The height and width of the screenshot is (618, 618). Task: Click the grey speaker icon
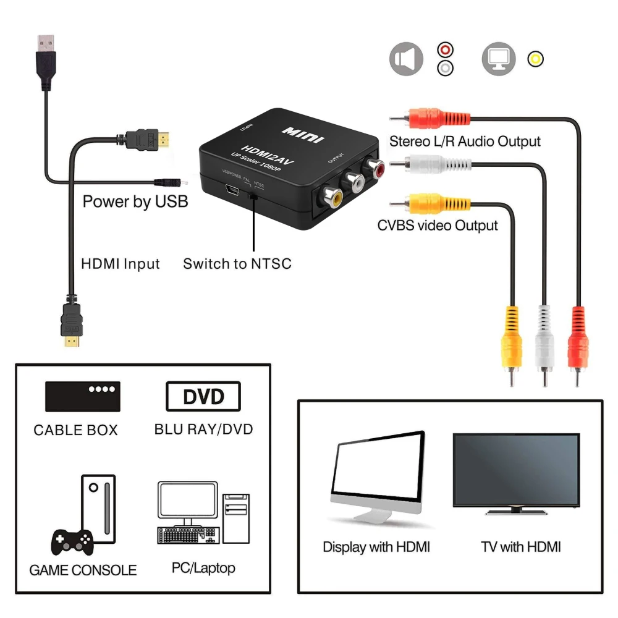406,59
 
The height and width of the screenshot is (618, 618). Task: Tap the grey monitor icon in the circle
498,59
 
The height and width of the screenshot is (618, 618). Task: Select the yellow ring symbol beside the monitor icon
535,59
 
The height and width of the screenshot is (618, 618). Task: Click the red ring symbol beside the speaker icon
445,49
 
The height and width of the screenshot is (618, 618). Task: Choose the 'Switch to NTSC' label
237,264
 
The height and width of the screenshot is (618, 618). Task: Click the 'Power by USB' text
135,201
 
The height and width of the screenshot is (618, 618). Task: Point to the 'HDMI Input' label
121,264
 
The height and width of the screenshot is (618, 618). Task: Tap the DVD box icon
203,396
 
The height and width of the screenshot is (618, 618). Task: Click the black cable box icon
82,396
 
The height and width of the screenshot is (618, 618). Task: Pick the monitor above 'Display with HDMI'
377,476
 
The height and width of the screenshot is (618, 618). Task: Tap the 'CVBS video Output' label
438,226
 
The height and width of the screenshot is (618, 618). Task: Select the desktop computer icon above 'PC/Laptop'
203,512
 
